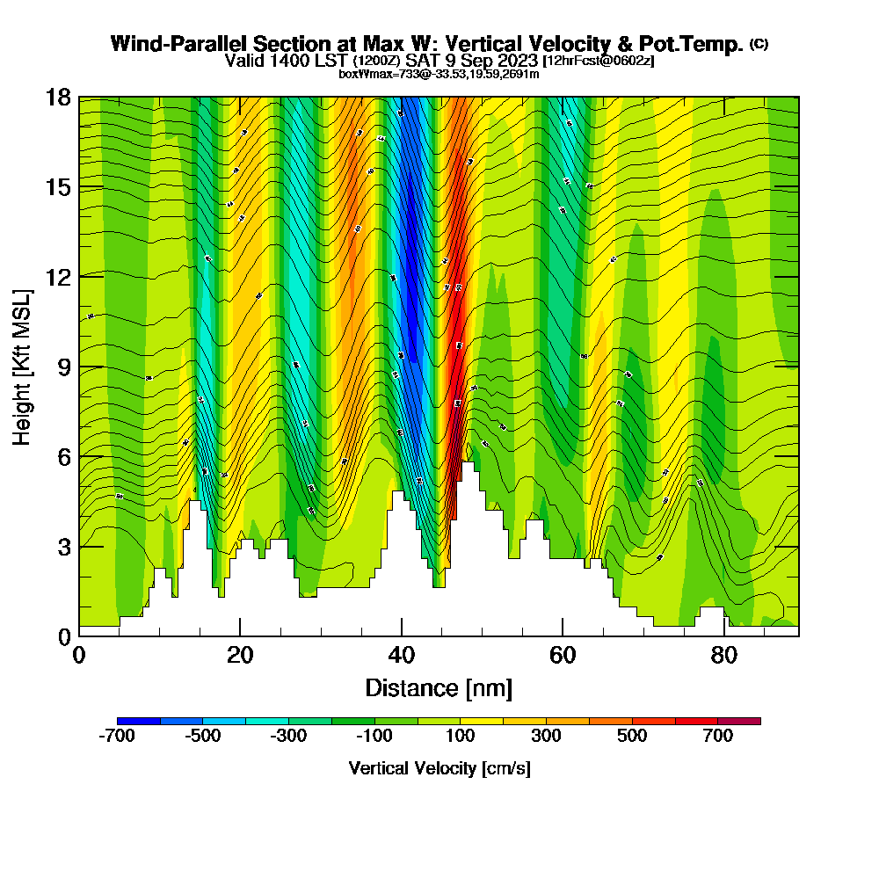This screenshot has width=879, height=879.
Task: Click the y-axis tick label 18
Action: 58,98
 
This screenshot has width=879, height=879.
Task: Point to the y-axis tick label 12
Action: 58,277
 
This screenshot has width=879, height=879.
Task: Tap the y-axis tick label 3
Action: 64,546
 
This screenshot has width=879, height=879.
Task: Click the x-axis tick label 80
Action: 723,656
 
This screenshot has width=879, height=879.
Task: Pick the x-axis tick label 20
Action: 240,656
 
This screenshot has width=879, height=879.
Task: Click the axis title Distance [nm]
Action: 439,687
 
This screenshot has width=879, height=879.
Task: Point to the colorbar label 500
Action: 632,737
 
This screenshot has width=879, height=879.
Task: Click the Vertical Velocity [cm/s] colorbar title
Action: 439,768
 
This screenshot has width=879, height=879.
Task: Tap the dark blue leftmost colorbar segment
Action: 138,721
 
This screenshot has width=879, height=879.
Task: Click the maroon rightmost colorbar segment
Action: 739,721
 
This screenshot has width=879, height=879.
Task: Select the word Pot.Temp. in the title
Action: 699,44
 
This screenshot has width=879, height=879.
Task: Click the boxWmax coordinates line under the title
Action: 439,74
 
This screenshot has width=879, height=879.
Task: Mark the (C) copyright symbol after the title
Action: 759,43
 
